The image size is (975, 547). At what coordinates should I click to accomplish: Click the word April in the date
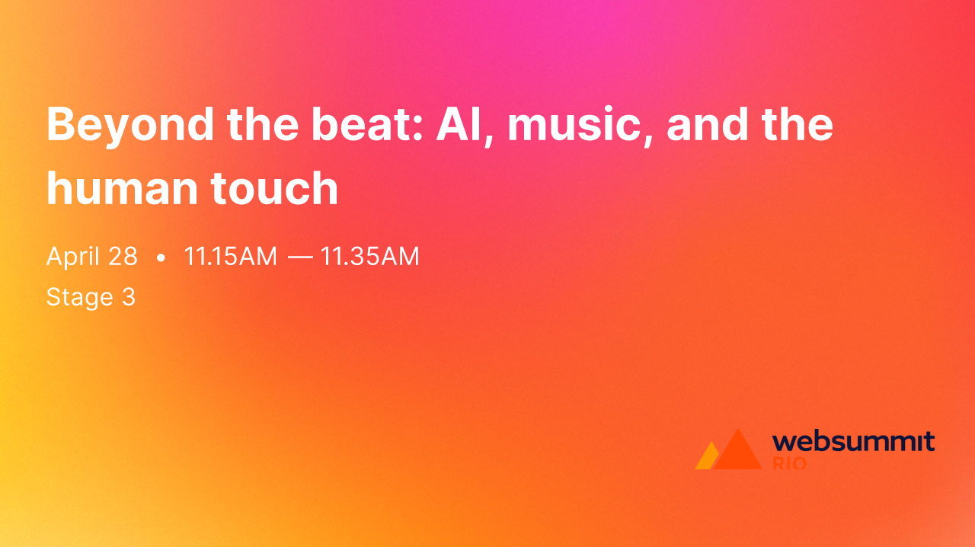73,257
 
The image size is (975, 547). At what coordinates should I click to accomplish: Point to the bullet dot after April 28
161,258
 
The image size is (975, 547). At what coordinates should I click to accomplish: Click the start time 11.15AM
230,257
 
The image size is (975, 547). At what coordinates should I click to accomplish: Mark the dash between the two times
299,258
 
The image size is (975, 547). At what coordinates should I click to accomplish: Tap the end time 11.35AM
369,257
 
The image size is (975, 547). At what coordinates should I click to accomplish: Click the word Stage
79,297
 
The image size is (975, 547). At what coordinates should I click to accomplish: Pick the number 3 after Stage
129,297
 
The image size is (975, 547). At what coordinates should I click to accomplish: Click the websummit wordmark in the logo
853,442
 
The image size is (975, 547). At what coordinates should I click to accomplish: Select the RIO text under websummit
789,463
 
